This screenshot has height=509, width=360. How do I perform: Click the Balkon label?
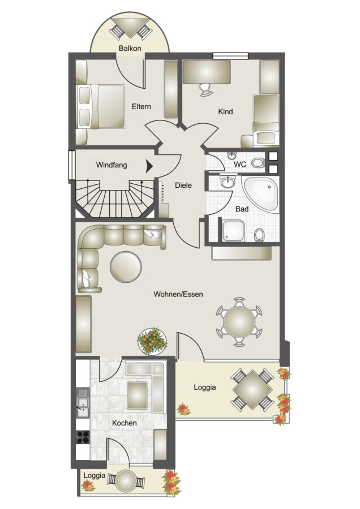[x=130, y=49]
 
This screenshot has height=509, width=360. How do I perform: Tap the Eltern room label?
[x=142, y=106]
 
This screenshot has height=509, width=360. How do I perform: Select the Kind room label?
[x=225, y=111]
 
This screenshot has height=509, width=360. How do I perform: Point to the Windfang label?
[x=112, y=165]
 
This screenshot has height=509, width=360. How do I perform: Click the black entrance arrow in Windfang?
[x=149, y=166]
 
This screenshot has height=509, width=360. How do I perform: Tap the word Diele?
[x=183, y=186]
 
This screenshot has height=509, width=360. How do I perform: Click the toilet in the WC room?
[x=258, y=163]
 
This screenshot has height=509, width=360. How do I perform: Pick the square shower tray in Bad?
[x=233, y=231]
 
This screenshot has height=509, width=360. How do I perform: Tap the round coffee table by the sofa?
[x=126, y=267]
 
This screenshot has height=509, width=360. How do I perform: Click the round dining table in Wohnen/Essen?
[x=239, y=322]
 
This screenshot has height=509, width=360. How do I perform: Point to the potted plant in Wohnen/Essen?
[x=152, y=341]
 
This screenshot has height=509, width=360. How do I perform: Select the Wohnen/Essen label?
[x=178, y=295]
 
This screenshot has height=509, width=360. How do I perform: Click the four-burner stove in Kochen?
[x=83, y=438]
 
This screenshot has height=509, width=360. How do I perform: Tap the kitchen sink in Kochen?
[x=83, y=403]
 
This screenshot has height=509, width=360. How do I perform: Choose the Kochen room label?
[x=125, y=423]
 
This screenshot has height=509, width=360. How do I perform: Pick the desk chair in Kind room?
[x=205, y=89]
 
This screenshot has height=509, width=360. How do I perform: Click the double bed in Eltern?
[x=101, y=106]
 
